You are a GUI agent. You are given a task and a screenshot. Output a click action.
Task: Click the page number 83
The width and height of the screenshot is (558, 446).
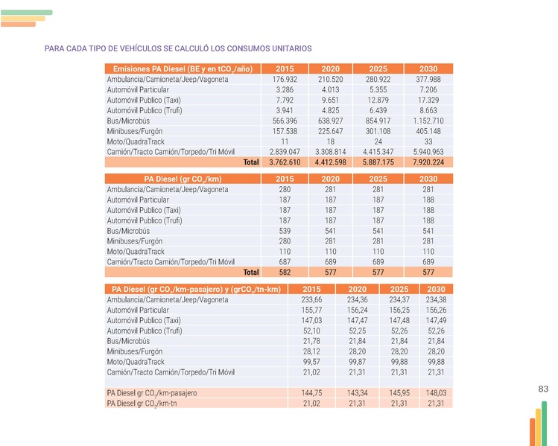pyautogui.click(x=542, y=389)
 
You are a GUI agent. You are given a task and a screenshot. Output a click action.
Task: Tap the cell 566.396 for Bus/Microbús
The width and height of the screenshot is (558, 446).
pyautogui.click(x=285, y=121)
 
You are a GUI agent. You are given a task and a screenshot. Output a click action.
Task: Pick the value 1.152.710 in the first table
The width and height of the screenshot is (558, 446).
pyautogui.click(x=428, y=121)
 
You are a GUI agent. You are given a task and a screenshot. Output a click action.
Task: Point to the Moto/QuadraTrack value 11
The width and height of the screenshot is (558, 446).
pyautogui.click(x=285, y=141)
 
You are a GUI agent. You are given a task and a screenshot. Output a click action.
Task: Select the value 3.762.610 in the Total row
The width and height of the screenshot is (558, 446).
pyautogui.click(x=285, y=162)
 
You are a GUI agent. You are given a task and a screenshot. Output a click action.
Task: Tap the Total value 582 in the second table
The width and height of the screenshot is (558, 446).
pyautogui.click(x=285, y=273)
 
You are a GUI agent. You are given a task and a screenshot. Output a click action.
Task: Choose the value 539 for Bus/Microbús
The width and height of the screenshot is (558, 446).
pyautogui.click(x=285, y=231)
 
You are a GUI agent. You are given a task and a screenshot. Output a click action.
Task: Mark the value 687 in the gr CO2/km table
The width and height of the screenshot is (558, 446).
pyautogui.click(x=285, y=262)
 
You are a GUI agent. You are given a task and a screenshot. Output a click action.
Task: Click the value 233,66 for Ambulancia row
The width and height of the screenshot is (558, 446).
pyautogui.click(x=311, y=299)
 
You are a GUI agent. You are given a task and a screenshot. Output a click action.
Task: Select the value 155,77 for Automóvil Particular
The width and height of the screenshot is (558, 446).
pyautogui.click(x=311, y=310)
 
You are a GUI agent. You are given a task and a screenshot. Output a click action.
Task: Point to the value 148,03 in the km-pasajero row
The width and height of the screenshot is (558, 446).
pyautogui.click(x=436, y=392)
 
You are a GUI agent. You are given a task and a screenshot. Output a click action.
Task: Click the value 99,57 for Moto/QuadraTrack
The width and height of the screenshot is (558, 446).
pyautogui.click(x=311, y=362)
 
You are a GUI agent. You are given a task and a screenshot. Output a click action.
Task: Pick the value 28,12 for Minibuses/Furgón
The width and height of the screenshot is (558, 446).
pyautogui.click(x=311, y=351)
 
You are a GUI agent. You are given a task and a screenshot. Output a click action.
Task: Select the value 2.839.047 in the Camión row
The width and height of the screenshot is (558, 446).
pyautogui.click(x=285, y=152)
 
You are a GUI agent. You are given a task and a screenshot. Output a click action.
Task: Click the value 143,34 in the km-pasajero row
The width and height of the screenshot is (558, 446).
pyautogui.click(x=357, y=392)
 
